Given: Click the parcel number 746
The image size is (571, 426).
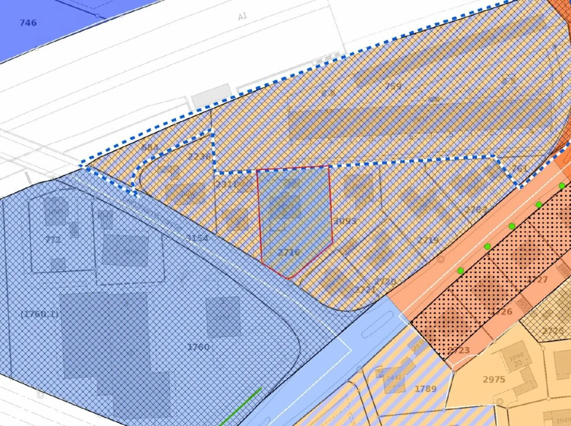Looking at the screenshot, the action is [x=28, y=23].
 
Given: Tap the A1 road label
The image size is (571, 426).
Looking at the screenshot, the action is [x=242, y=16].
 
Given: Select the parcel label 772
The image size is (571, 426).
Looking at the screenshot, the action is [x=53, y=239].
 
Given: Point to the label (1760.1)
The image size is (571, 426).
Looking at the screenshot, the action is [x=39, y=314].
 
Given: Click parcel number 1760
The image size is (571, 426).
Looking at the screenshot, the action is [x=198, y=347].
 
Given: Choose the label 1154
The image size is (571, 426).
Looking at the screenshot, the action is [x=197, y=238].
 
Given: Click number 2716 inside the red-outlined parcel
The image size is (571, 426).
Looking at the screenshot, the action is [x=289, y=252].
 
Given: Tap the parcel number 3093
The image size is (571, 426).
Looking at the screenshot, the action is [x=345, y=220].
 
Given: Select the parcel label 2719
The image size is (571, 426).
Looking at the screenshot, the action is [x=428, y=240].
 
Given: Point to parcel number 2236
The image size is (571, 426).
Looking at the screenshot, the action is [x=199, y=156].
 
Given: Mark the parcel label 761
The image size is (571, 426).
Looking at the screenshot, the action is [x=519, y=168].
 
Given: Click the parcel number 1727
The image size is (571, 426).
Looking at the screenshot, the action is [x=538, y=279].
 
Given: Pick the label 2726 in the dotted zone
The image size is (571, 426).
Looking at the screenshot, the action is [x=502, y=311].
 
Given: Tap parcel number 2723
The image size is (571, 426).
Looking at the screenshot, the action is [x=459, y=350].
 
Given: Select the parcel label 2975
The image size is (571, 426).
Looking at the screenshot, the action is [x=494, y=379].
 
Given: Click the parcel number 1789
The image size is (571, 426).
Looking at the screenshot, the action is [x=425, y=388].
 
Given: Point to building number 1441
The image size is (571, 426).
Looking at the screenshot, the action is [x=394, y=377].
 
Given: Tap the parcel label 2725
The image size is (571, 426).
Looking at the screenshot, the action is [x=553, y=330].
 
